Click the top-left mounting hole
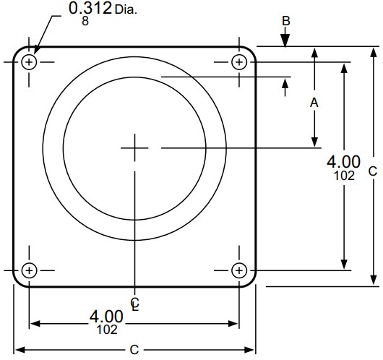click(x=29, y=62)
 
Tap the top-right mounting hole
click(x=239, y=62)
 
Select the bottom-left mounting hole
click(x=29, y=270)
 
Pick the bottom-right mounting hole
click(x=239, y=270)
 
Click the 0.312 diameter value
click(x=90, y=9)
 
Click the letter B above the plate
click(x=285, y=21)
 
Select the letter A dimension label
click(x=314, y=103)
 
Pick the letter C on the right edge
click(x=372, y=171)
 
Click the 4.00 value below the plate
click(x=106, y=316)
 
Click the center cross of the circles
click(x=134, y=147)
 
